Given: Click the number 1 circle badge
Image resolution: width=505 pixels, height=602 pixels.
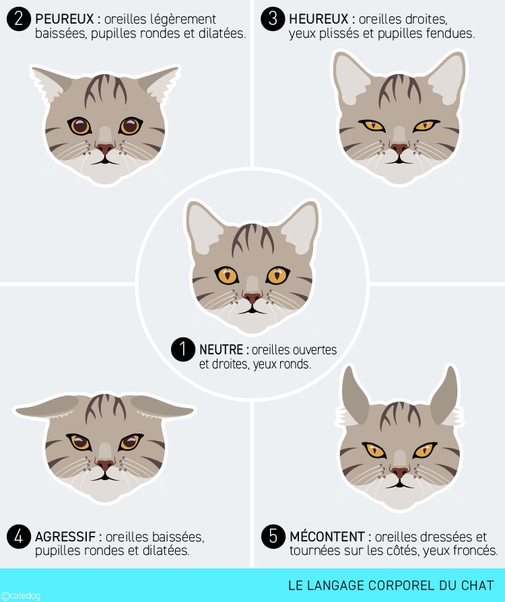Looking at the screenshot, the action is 182,349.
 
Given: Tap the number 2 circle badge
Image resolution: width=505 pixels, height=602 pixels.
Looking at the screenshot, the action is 18,19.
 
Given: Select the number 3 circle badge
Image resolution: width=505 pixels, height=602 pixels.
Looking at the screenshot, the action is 273,19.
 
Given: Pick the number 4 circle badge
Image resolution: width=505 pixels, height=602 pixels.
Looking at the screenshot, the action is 18,537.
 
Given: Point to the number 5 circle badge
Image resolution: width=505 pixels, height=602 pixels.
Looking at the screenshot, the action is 273,537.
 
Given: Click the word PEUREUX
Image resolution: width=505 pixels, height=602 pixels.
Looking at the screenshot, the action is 65,19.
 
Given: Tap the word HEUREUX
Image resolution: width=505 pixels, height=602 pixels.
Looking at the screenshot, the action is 318,19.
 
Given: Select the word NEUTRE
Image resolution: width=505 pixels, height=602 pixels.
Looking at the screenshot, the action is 222,349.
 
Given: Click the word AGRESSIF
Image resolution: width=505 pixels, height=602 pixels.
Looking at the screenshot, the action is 65,537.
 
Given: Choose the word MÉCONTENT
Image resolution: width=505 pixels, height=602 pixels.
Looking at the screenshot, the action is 327,537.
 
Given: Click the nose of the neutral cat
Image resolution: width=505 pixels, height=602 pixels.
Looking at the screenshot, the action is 252,298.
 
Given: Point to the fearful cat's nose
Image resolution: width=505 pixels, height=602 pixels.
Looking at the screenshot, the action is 105,148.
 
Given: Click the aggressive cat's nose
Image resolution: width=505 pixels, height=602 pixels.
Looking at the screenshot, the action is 105,465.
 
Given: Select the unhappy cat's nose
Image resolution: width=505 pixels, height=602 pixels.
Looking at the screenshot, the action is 400,472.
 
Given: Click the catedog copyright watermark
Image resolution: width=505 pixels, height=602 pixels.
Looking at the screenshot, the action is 21,596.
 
